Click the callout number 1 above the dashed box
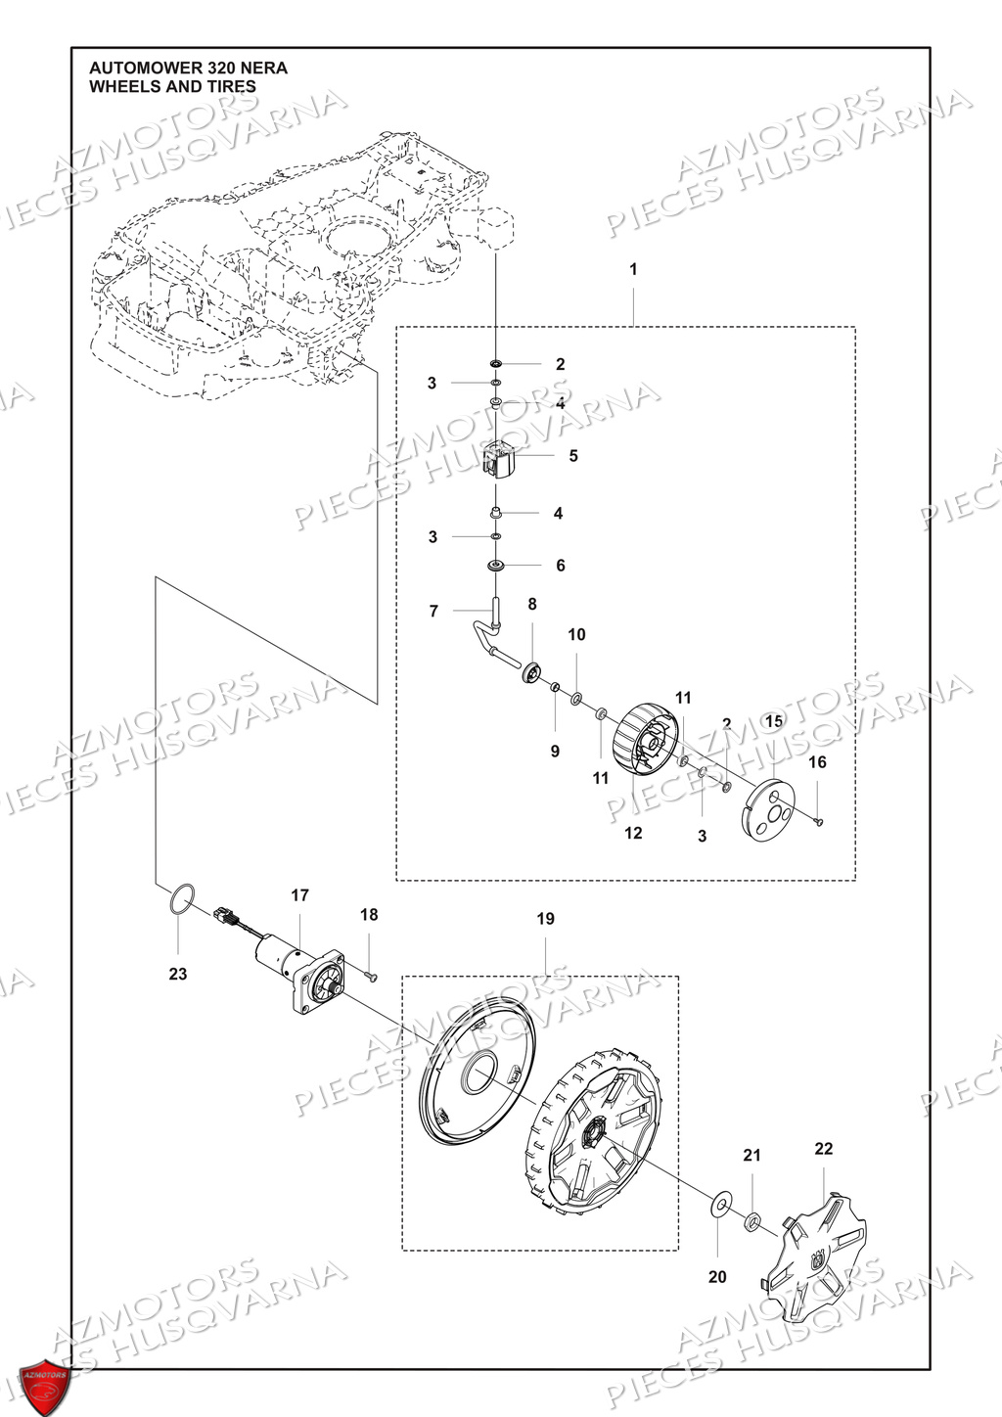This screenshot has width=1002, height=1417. [x=633, y=269]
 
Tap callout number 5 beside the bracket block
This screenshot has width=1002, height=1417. [x=573, y=456]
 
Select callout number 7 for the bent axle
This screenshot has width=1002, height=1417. [x=433, y=612]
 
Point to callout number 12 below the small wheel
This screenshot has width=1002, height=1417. [x=633, y=833]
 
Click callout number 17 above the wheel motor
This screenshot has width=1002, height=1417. [x=299, y=895]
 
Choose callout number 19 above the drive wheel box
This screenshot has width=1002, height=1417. [x=545, y=919]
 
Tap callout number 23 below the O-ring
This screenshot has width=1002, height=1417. [x=177, y=974]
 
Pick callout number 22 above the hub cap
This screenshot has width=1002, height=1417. [x=823, y=1148]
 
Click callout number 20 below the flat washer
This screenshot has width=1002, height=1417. [x=717, y=1277]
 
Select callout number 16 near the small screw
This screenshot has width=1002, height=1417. [x=818, y=762]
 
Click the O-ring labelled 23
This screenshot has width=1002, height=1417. [x=182, y=900]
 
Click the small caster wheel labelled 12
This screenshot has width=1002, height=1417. [x=644, y=750]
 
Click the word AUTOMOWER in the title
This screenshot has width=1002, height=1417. [x=133, y=69]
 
